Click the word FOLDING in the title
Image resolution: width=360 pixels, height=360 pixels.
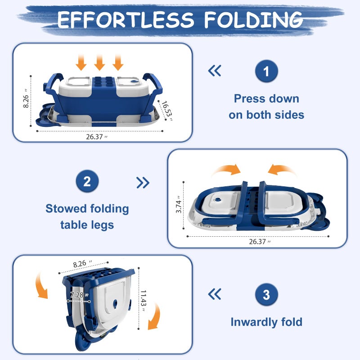point(253,20)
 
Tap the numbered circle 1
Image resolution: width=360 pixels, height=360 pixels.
point(266,72)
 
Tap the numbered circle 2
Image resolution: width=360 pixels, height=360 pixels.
point(87,182)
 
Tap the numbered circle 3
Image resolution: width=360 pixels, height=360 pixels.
point(266,295)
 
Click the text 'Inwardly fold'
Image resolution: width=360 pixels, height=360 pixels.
point(266,322)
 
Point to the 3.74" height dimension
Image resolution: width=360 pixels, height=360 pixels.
point(179,204)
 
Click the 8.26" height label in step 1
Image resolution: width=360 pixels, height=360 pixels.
point(27,98)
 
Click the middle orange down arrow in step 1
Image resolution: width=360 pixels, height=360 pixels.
point(99,62)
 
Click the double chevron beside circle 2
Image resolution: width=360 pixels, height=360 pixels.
point(143,182)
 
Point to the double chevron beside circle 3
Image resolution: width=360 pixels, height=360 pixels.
point(215,295)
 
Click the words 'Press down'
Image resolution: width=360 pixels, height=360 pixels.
point(266,99)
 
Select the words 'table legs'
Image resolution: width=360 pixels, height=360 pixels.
point(87,224)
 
